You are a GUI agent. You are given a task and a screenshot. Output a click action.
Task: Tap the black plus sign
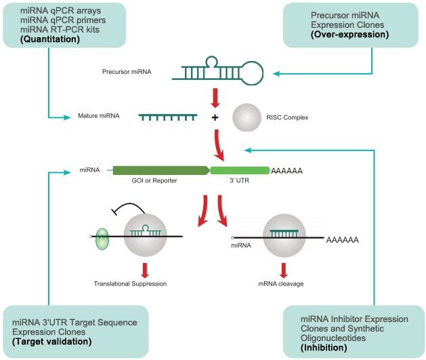pyautogui.click(x=215, y=118)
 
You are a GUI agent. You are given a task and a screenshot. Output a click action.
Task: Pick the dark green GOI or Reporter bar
pyautogui.click(x=161, y=172)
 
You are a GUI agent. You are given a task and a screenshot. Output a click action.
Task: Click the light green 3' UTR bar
pyautogui.click(x=239, y=172)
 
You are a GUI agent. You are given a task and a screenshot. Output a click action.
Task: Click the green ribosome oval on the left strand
pyautogui.click(x=102, y=239)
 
